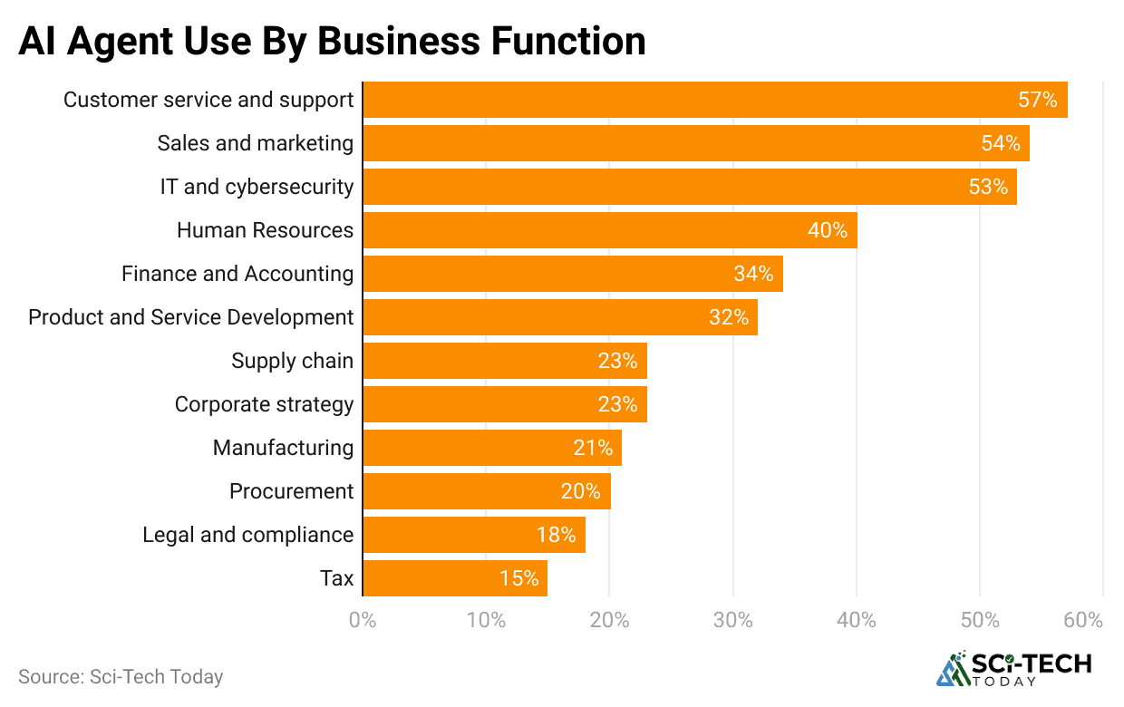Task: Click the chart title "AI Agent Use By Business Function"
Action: (x=332, y=41)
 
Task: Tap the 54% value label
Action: (x=1001, y=143)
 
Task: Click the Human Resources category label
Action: (x=265, y=230)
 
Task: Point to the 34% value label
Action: (x=753, y=274)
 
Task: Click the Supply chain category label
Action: (x=292, y=361)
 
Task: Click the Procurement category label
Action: (x=291, y=491)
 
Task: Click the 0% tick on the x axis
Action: (x=363, y=621)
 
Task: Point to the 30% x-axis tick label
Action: (x=732, y=621)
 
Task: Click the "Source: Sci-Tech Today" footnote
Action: (x=121, y=676)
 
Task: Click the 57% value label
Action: (x=1038, y=100)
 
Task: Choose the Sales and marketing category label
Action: (x=255, y=143)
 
